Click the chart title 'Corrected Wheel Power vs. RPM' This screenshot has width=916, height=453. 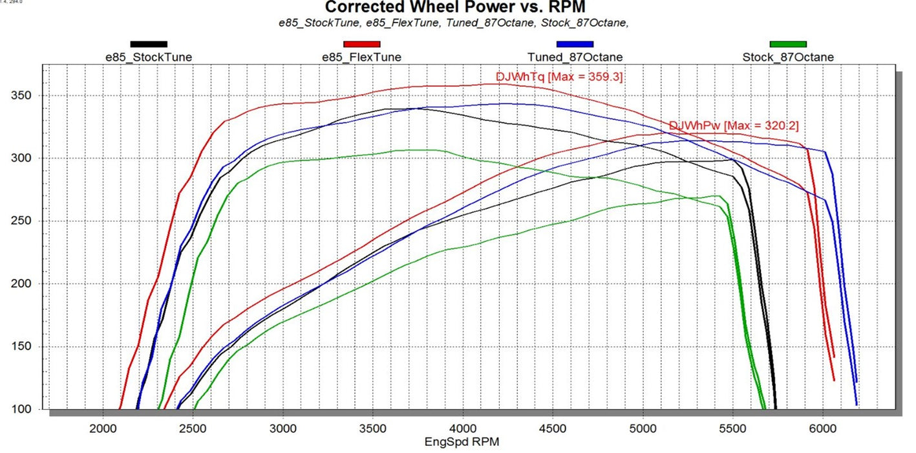click(x=455, y=7)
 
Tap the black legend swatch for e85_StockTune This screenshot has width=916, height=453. click(x=149, y=44)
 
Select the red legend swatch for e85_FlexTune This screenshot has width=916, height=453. click(x=362, y=44)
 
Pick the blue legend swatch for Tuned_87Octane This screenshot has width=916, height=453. click(x=575, y=44)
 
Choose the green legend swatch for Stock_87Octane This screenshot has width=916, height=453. click(x=788, y=44)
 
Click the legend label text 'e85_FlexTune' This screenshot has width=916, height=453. click(x=361, y=58)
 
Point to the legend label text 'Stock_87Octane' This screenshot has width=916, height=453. click(x=788, y=58)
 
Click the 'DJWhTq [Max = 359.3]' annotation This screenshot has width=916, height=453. click(x=559, y=77)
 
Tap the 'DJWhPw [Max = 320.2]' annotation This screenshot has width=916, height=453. click(x=734, y=126)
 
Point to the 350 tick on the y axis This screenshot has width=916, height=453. click(x=21, y=95)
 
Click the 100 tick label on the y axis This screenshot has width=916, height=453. click(x=21, y=409)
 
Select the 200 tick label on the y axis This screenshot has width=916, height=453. click(x=21, y=283)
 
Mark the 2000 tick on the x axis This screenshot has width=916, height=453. click(x=103, y=428)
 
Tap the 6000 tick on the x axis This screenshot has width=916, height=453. click(x=823, y=428)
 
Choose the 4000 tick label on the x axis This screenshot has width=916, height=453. click(x=463, y=428)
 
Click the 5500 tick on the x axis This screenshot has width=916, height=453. click(x=733, y=428)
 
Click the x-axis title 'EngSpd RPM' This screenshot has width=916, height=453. click(x=462, y=442)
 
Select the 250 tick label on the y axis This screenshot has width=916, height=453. click(x=21, y=221)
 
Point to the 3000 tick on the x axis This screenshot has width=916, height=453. click(x=283, y=428)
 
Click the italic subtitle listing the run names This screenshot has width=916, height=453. click(x=454, y=23)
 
